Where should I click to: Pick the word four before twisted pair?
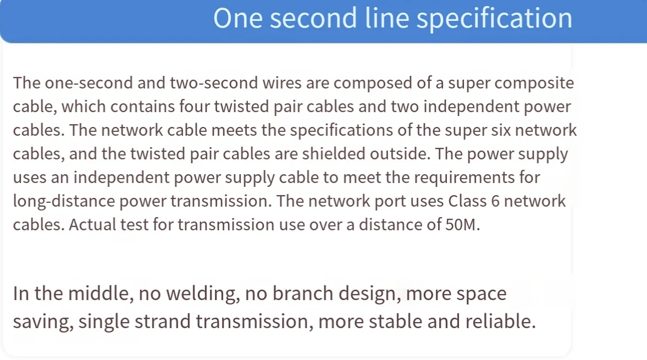click(192, 107)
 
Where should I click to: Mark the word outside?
click(401, 154)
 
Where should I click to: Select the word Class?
click(467, 202)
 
